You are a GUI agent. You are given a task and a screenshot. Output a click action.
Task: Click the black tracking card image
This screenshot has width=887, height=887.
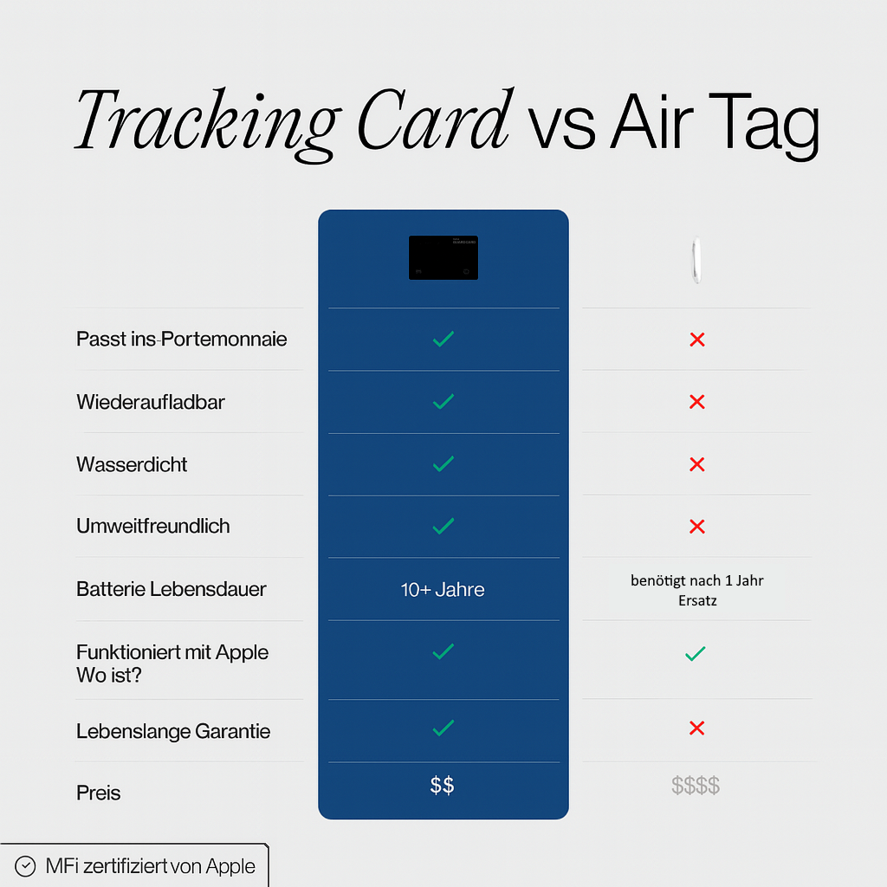coord(443,257)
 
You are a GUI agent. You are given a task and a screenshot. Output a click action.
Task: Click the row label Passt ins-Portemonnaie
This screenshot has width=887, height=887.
coord(181,339)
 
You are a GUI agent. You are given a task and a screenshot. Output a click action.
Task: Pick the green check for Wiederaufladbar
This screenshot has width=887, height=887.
coord(443,401)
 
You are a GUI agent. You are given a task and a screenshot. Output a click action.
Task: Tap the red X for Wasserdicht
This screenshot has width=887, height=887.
coord(696,464)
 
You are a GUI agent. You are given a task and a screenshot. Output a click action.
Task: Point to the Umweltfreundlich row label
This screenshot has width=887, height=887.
coord(153,526)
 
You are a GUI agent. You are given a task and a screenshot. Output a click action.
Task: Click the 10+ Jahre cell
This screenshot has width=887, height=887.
coord(443,590)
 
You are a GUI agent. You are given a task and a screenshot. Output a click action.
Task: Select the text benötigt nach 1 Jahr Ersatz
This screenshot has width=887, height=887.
coord(697,590)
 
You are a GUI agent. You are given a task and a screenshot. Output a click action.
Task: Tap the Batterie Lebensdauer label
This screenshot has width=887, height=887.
coord(171,589)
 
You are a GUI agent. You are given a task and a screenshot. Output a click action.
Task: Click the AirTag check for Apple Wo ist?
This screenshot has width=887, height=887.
coord(695,654)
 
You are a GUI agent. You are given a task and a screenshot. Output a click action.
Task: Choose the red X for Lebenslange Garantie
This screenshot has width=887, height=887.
coord(696,728)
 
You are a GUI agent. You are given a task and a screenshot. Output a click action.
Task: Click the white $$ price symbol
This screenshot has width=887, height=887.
coord(443,786)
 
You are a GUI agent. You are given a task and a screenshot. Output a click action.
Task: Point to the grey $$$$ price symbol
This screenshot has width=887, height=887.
coord(696,786)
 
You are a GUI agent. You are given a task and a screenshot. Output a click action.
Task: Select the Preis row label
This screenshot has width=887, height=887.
coord(99,793)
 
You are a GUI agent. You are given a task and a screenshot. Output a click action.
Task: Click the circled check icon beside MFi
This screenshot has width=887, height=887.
coord(26,866)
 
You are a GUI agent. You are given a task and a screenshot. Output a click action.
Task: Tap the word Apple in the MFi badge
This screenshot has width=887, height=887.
coord(230,866)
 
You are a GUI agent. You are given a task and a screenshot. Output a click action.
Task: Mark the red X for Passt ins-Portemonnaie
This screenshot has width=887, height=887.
coord(696,340)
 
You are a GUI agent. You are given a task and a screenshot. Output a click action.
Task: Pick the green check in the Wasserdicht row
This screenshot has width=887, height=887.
coord(443,464)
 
